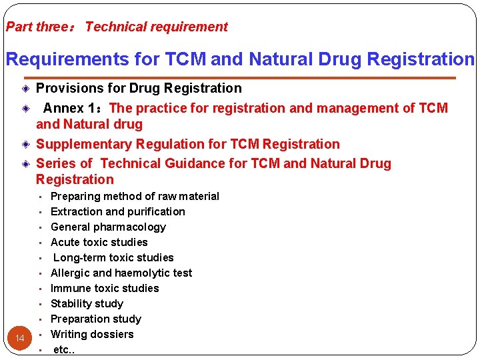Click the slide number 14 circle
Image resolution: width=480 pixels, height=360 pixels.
click(x=20, y=339)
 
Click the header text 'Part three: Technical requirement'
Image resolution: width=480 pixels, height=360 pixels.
click(x=117, y=27)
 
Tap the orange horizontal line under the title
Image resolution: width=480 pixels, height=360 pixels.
click(x=240, y=78)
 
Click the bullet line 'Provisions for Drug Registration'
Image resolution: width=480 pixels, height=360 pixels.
click(x=139, y=88)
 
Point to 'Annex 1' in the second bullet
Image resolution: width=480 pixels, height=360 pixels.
click(x=72, y=108)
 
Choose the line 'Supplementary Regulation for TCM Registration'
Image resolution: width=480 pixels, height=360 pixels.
click(x=187, y=144)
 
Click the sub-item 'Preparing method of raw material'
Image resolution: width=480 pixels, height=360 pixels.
click(x=135, y=196)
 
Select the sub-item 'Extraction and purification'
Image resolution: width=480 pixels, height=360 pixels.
click(x=118, y=211)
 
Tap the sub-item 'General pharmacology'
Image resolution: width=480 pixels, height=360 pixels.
click(x=108, y=227)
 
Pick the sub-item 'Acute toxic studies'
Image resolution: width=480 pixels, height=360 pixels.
click(x=99, y=242)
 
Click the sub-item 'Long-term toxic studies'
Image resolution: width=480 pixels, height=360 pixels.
click(x=113, y=257)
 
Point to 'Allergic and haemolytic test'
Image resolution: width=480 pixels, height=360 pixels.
click(x=121, y=273)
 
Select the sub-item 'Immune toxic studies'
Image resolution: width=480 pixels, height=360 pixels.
click(x=105, y=288)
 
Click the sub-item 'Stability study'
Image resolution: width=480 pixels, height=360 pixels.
click(x=87, y=303)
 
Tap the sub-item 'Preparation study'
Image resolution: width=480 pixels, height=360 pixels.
click(x=96, y=319)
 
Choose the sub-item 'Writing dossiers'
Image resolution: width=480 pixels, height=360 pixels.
click(x=92, y=334)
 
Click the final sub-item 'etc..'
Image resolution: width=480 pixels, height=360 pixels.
click(x=64, y=349)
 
